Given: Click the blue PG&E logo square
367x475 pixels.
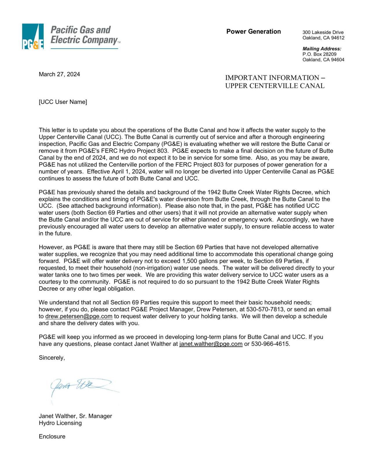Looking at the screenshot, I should click(x=33, y=36).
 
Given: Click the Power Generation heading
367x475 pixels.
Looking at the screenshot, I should click(x=253, y=32).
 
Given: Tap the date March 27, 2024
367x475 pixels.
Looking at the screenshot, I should click(x=59, y=74).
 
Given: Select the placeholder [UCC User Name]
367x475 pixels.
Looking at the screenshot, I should click(x=63, y=102).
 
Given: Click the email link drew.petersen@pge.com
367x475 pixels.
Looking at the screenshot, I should click(x=79, y=316).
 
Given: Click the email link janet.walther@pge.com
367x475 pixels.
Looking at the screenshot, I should click(x=211, y=344).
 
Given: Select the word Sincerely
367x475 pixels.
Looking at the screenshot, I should click(x=52, y=358).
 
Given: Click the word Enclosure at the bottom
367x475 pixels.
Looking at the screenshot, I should click(x=52, y=436).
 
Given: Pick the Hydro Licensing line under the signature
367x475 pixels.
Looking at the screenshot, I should click(x=60, y=423).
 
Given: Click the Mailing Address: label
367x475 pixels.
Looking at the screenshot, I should click(x=322, y=49).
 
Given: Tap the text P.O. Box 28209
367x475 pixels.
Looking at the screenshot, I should click(x=319, y=54).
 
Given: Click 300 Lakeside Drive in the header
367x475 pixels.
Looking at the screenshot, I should click(x=323, y=32).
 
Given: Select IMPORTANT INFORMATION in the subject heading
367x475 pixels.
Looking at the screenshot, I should click(x=272, y=78).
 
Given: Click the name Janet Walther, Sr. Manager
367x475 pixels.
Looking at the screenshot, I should click(x=75, y=416).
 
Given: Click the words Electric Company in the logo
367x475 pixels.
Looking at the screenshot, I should click(x=84, y=40).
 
